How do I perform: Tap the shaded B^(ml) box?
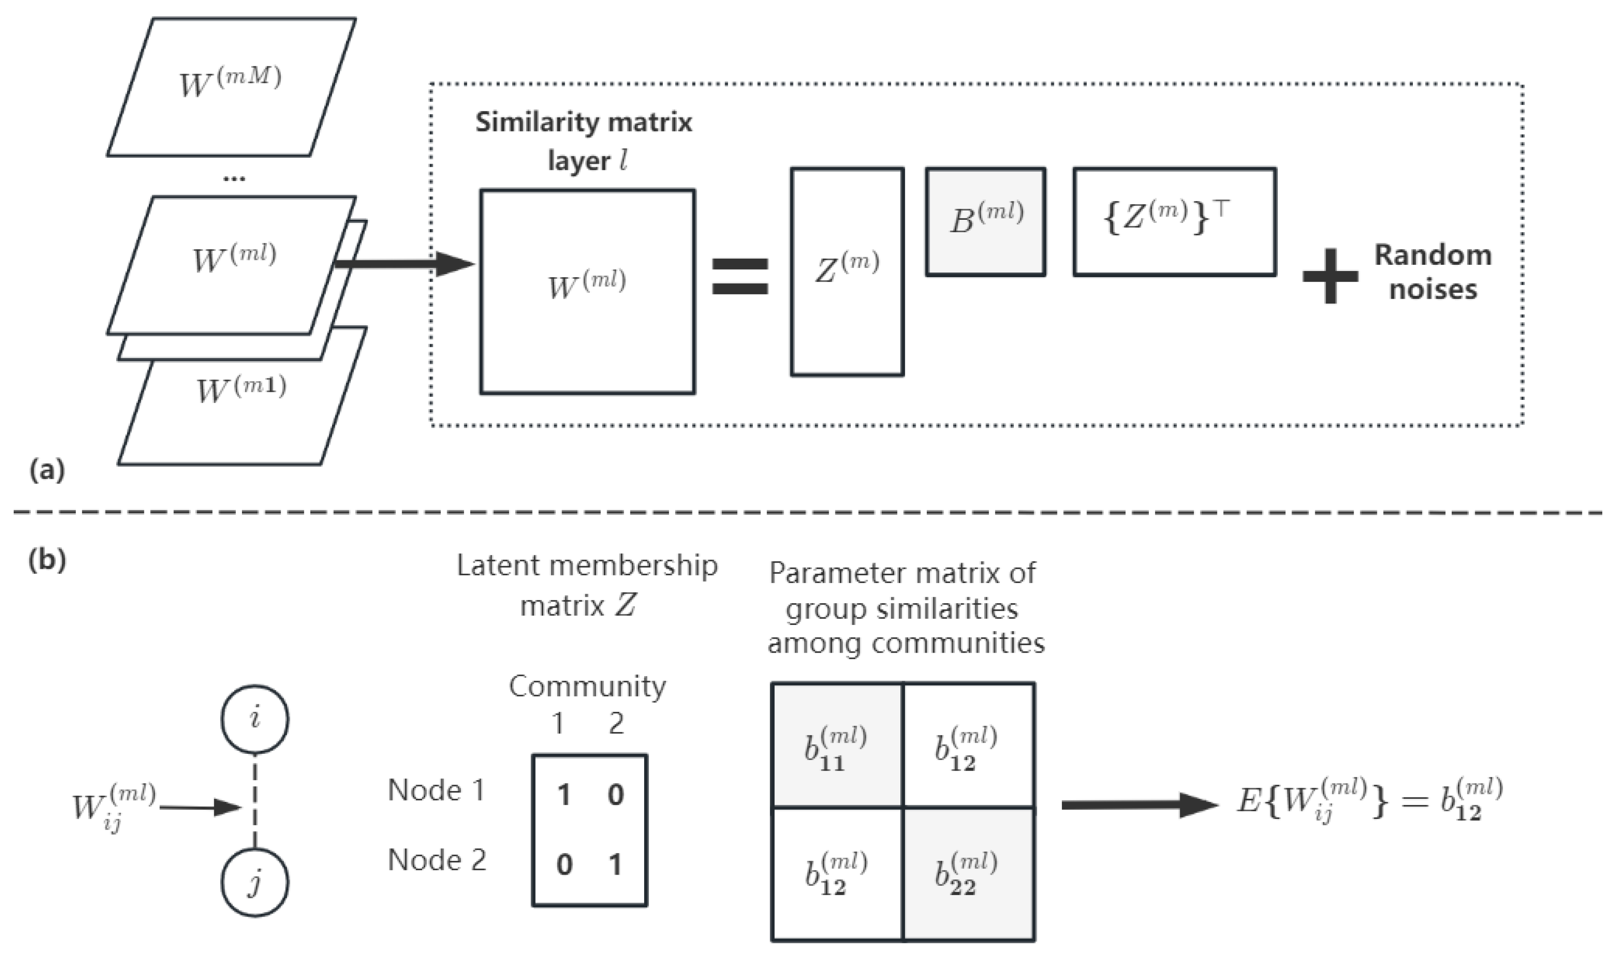coord(985,222)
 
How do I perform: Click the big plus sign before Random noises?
coord(1329,276)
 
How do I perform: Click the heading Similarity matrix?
coord(583,122)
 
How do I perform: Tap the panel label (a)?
coord(47,470)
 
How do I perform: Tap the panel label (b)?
coord(47,560)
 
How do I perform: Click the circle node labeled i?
coord(255,719)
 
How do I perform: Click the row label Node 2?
coord(437,860)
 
